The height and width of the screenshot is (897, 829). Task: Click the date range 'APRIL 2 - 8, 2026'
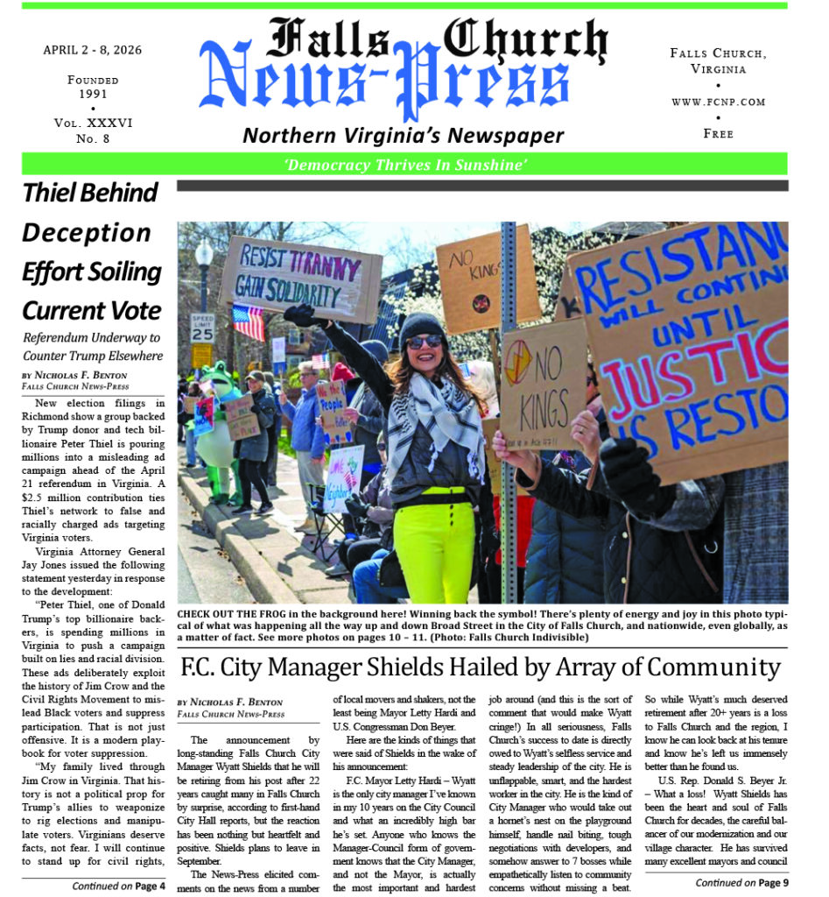92,50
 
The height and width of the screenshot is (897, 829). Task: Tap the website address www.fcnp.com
718,102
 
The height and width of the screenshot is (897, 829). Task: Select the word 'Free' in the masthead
718,134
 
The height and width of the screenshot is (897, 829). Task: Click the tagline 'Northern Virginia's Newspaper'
403,135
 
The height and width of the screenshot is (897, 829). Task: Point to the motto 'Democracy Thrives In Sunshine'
404,165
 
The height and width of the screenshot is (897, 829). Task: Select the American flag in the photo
249,321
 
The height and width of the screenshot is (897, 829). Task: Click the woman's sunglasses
424,342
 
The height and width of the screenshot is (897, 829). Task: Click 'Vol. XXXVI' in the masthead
92,124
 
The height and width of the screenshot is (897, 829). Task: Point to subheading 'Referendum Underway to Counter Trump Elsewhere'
92,346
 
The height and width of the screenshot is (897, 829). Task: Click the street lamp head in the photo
204,254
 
